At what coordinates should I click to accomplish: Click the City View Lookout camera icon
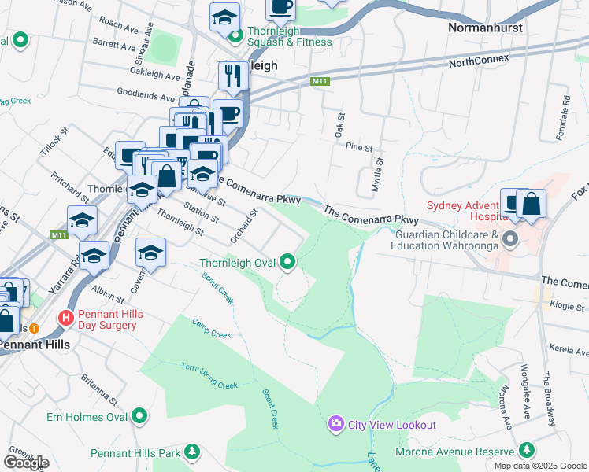[x=336, y=425]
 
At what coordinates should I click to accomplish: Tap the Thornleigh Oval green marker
[x=289, y=263]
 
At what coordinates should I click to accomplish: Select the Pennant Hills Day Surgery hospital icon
[x=66, y=319]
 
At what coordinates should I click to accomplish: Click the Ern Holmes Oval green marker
[x=140, y=415]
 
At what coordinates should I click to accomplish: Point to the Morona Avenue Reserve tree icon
[x=525, y=450]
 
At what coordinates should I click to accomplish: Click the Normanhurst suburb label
[x=485, y=28]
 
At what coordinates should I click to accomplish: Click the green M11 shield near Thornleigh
[x=319, y=80]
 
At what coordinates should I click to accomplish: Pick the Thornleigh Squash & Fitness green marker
[x=235, y=33]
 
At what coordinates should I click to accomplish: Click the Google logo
[x=26, y=463]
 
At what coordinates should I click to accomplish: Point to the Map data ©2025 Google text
[x=540, y=466]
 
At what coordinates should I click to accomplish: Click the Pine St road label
[x=358, y=147]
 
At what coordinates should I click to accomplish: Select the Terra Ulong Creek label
[x=209, y=376]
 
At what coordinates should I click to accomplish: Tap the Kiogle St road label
[x=568, y=305]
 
